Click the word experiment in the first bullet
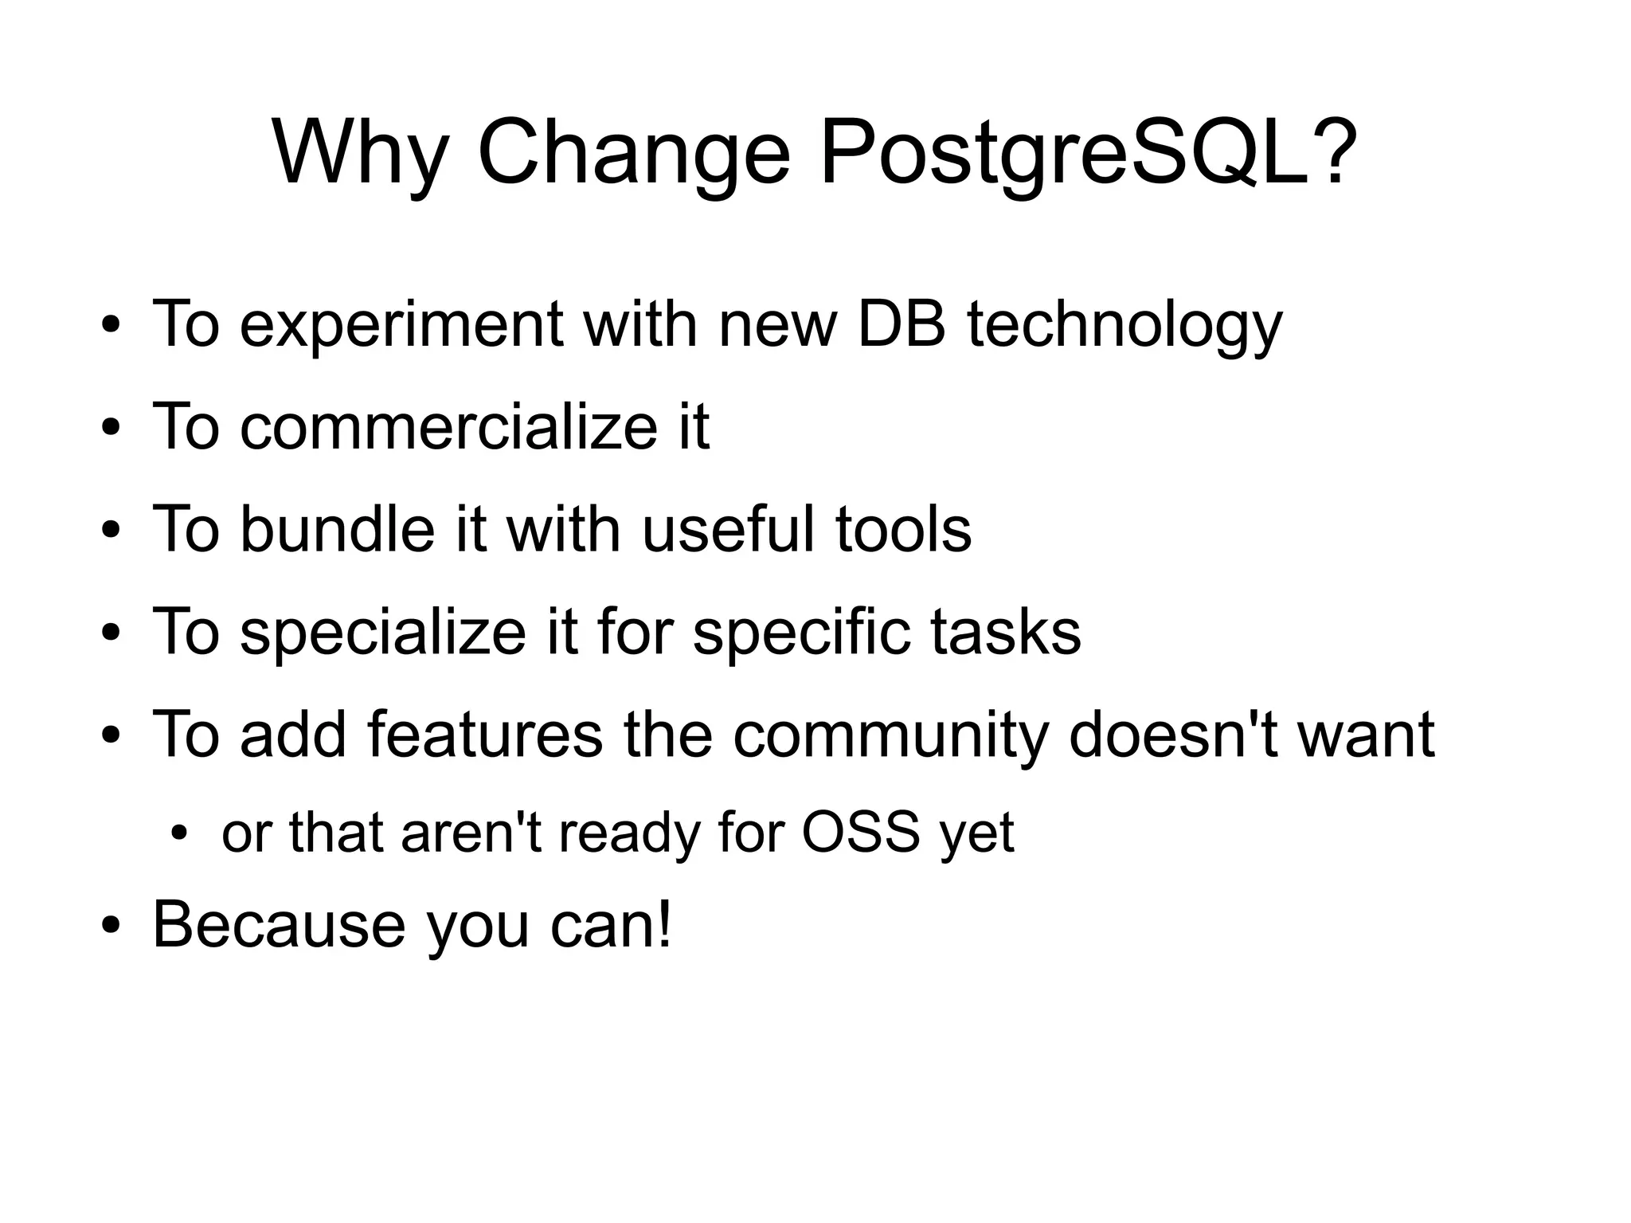[401, 324]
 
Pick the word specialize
[382, 631]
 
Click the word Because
[279, 924]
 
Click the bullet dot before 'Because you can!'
[111, 927]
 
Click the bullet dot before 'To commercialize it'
[111, 429]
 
